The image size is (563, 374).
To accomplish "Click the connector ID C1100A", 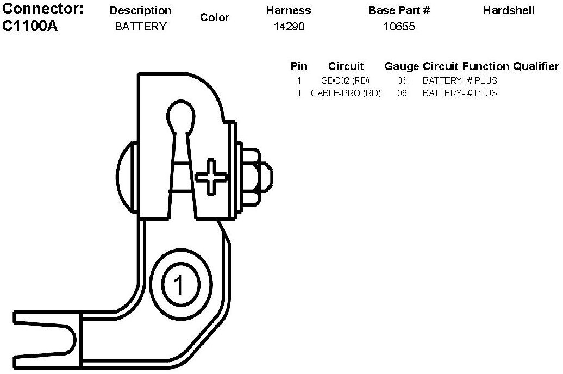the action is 30,26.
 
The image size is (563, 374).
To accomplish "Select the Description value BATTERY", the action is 141,26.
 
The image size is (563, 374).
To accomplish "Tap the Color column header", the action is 215,17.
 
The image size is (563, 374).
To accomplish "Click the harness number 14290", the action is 289,26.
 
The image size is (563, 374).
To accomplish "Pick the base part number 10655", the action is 399,26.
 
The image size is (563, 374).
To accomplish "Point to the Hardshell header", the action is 509,10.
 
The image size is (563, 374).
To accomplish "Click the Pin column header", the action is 299,66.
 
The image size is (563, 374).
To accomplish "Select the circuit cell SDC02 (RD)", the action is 346,80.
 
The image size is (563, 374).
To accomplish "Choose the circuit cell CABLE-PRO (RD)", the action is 346,93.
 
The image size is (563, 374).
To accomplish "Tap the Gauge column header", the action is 402,66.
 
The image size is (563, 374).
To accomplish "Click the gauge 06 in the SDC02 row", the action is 402,80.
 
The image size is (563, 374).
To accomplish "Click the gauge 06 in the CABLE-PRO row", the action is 402,93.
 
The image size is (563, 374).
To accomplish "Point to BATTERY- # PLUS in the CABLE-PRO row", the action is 460,93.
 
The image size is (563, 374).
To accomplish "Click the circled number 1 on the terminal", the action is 178,284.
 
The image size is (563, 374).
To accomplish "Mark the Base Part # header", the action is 399,10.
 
